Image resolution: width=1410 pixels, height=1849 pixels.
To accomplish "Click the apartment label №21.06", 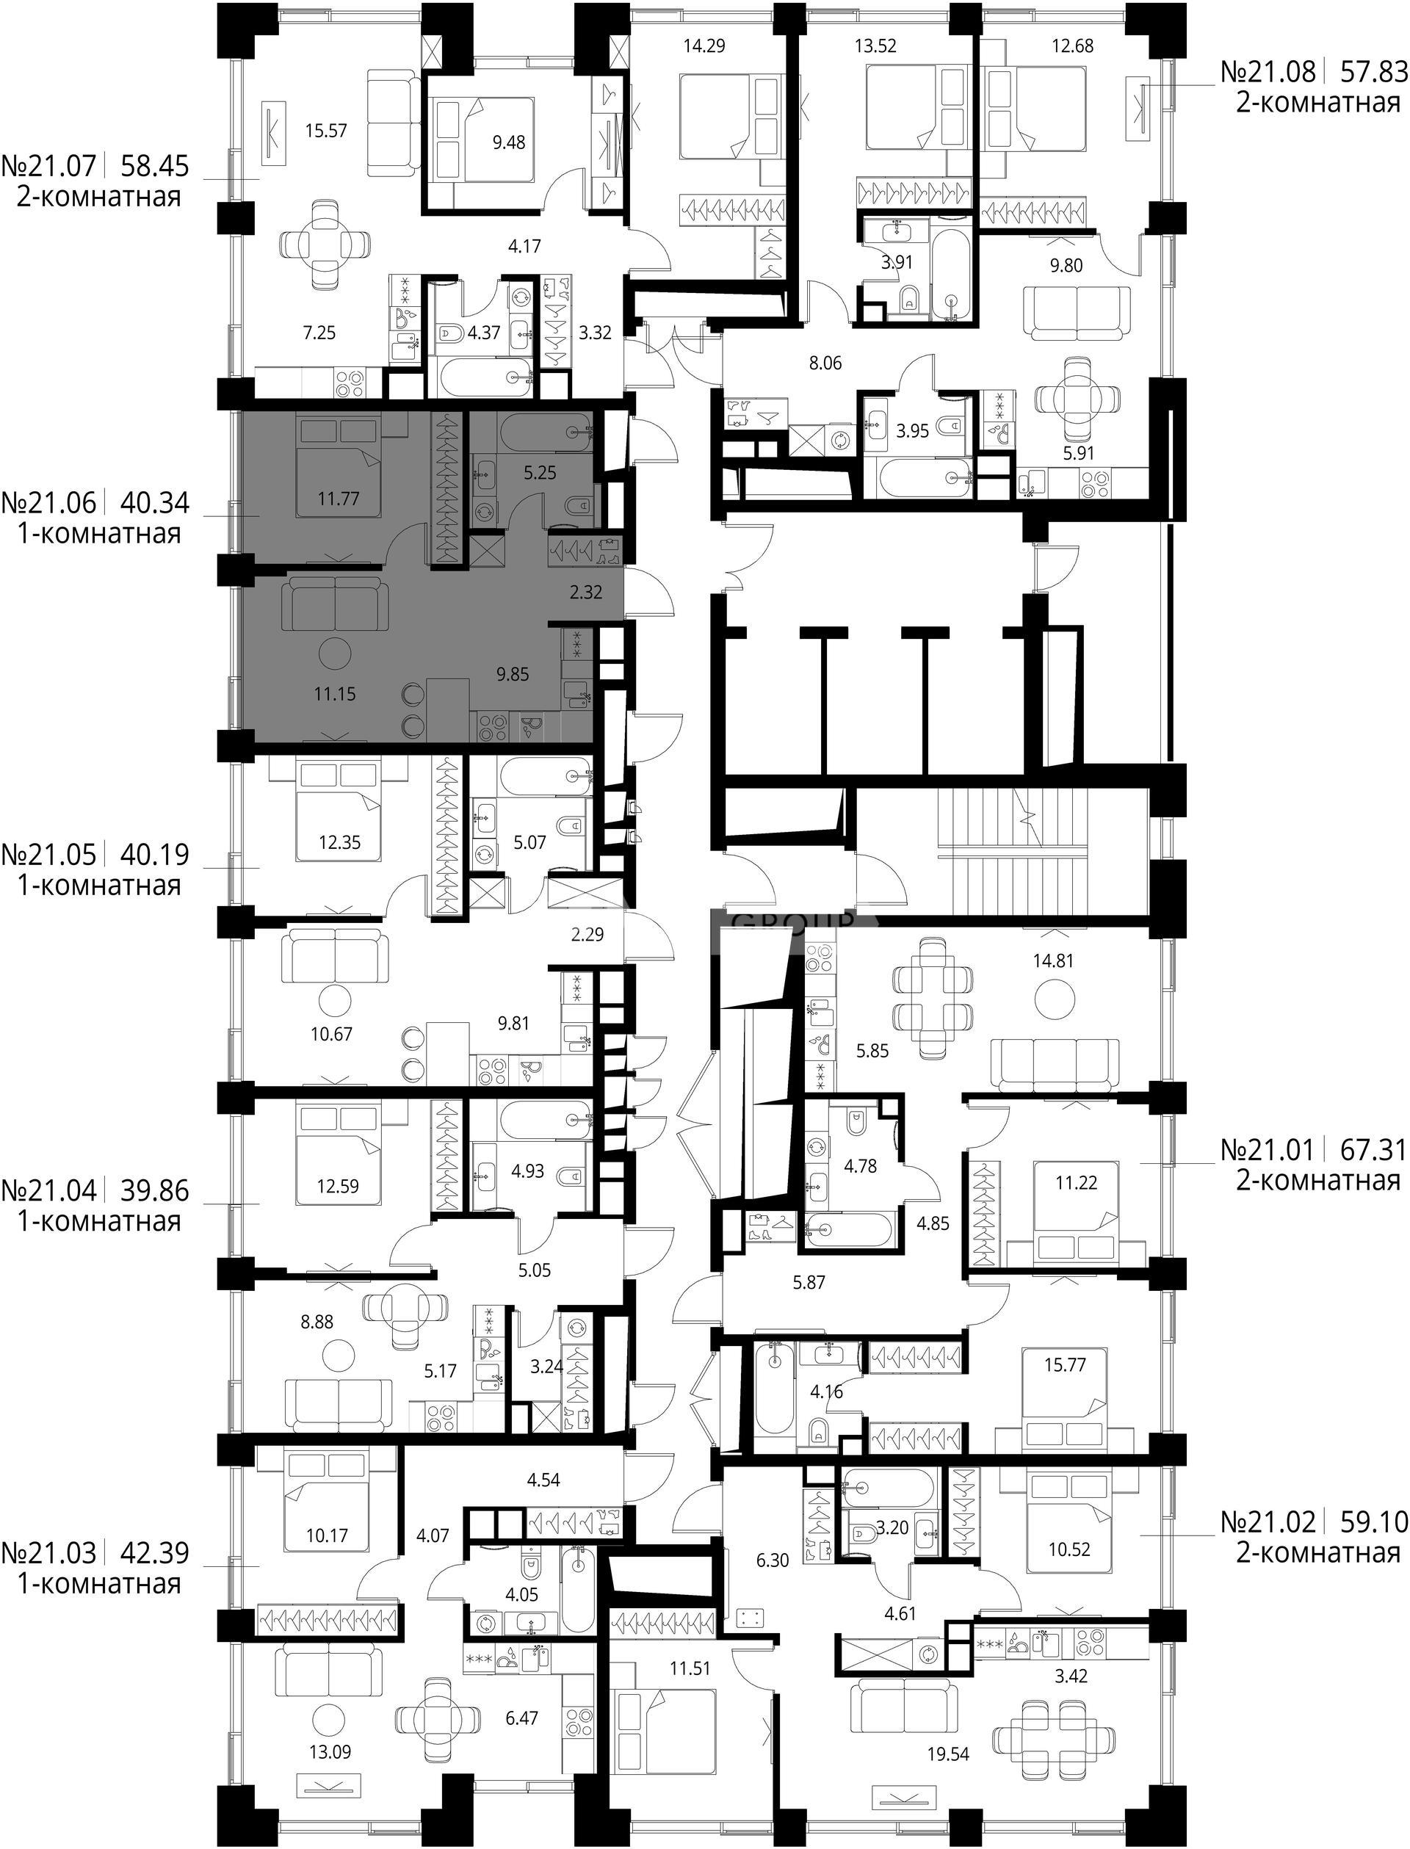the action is pyautogui.click(x=49, y=504).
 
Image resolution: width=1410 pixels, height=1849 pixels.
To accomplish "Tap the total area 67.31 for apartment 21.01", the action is pyautogui.click(x=1373, y=1149).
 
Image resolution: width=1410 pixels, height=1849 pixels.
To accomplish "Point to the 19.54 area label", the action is pyautogui.click(x=947, y=1730).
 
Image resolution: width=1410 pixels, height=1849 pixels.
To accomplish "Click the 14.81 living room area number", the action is pyautogui.click(x=1053, y=961).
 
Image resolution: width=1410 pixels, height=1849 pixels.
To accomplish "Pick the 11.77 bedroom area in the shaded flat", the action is pyautogui.click(x=339, y=499).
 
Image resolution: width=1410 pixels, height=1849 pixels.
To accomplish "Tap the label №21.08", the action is pyautogui.click(x=1268, y=72).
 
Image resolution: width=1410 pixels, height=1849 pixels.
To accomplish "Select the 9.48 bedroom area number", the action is pyautogui.click(x=509, y=142).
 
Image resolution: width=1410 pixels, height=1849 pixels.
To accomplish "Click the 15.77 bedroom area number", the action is pyautogui.click(x=1065, y=1366).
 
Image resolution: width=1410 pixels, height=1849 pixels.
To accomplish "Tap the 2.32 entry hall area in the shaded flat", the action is pyautogui.click(x=586, y=593).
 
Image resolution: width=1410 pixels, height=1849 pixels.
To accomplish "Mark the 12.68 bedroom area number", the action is pyautogui.click(x=1073, y=46).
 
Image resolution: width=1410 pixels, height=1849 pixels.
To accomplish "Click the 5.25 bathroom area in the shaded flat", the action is pyautogui.click(x=540, y=474).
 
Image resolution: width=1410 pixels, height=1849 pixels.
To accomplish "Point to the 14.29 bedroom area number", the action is pyautogui.click(x=704, y=46).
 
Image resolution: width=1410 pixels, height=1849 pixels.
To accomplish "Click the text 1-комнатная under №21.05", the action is pyautogui.click(x=99, y=886).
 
